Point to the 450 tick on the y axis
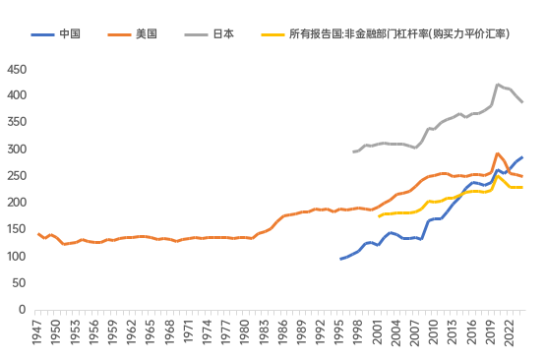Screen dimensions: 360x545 (x=17, y=70)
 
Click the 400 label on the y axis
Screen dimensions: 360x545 (x=17, y=96)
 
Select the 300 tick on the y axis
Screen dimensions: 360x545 (x=17, y=150)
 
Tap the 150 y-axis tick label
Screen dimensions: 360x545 (x=17, y=230)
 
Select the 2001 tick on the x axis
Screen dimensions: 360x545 (x=380, y=333)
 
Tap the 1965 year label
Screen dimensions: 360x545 (x=151, y=333)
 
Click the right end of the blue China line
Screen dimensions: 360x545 (x=522, y=157)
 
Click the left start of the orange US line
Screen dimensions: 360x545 (x=37, y=233)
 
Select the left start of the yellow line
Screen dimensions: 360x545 (x=379, y=216)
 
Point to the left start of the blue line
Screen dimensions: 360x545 (x=340, y=259)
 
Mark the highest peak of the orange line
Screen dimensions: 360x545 (x=499, y=153)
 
